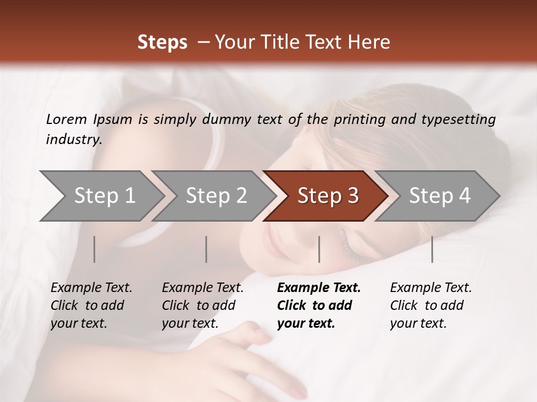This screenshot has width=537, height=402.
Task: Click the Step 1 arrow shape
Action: (x=103, y=196)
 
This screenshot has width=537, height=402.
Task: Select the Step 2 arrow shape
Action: (x=215, y=196)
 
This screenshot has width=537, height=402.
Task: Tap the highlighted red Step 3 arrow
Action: (x=327, y=196)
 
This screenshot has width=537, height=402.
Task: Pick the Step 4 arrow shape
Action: (x=439, y=196)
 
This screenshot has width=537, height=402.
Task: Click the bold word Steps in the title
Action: (x=162, y=42)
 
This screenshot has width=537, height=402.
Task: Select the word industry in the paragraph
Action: (x=73, y=140)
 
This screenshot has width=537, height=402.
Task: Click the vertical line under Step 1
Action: (x=94, y=249)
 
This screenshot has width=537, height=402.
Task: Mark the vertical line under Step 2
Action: (x=206, y=249)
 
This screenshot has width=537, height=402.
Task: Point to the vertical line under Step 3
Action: (x=319, y=249)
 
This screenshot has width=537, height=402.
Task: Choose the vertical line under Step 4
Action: (x=432, y=249)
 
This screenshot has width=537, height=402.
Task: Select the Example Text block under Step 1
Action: (x=91, y=305)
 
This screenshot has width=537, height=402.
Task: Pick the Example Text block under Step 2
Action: (x=202, y=305)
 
